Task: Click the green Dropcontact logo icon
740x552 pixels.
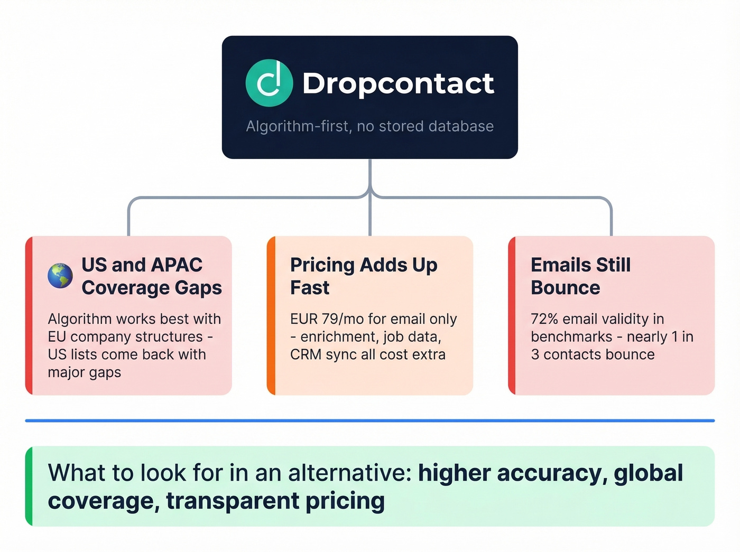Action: [269, 83]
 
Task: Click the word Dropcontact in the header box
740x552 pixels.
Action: [398, 83]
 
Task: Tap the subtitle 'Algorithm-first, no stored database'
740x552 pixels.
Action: [369, 126]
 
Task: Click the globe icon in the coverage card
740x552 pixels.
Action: [60, 276]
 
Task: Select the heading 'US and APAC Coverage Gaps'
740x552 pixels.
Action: [152, 276]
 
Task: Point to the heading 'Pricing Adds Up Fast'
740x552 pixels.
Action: [364, 276]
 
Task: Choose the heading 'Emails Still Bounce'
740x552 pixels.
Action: [580, 276]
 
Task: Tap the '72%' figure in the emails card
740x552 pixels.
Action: [544, 319]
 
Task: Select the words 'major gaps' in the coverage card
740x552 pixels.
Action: [85, 372]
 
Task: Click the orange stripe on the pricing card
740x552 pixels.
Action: [271, 315]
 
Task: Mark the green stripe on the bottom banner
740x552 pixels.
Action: [29, 486]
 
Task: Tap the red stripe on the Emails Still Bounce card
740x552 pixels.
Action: [512, 315]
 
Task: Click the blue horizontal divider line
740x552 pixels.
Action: [370, 420]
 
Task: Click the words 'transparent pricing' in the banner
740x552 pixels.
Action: [275, 501]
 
